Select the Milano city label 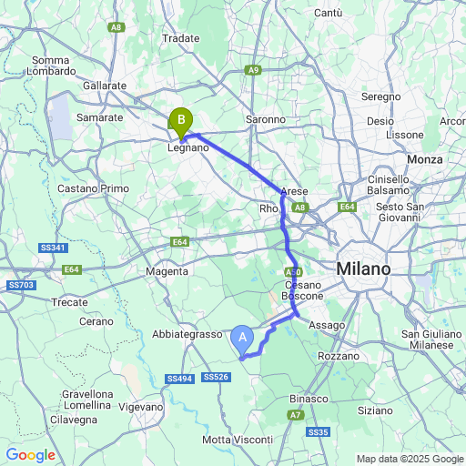(x=362, y=269)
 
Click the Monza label (x=425, y=159)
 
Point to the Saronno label (x=267, y=119)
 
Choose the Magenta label (x=167, y=271)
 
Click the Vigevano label (x=140, y=407)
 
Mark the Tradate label (x=180, y=38)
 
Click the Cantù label (x=328, y=13)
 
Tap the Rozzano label (x=339, y=356)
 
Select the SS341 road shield (x=53, y=248)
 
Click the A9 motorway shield (x=254, y=70)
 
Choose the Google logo (x=30, y=455)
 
